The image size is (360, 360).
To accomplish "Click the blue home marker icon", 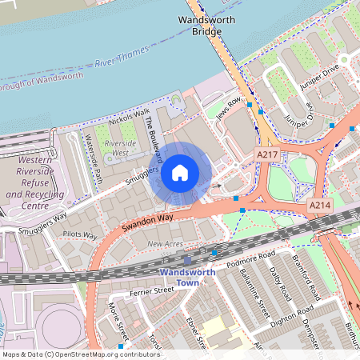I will click(180, 173).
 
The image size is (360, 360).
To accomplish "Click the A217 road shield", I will click(267, 153).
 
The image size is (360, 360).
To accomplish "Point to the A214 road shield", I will click(320, 206).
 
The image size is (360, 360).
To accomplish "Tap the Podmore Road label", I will click(250, 254).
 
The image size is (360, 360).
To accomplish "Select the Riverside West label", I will click(121, 147).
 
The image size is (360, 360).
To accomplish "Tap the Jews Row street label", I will click(229, 107).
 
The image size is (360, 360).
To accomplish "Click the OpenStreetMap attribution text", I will click(81, 354).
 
